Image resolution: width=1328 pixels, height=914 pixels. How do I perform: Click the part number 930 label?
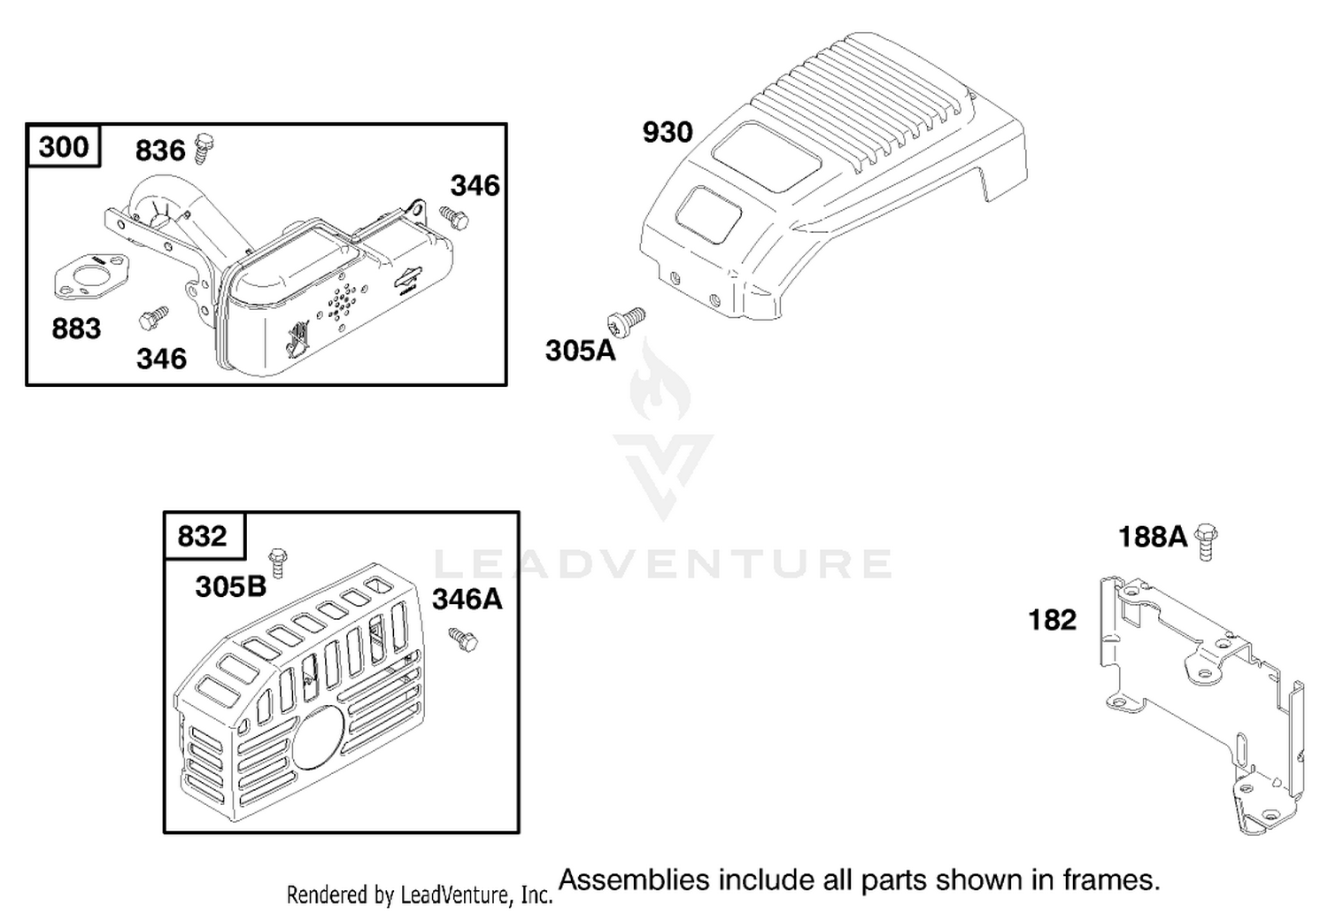pyautogui.click(x=668, y=132)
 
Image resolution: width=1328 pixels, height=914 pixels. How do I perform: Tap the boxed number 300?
pyautogui.click(x=64, y=146)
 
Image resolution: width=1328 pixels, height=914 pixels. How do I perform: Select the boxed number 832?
pyautogui.click(x=202, y=536)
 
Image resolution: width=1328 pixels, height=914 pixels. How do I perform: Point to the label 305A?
pyautogui.click(x=581, y=351)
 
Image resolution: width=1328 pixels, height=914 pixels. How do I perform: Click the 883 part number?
pyautogui.click(x=76, y=329)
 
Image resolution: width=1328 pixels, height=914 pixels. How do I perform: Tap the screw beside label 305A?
pyautogui.click(x=626, y=322)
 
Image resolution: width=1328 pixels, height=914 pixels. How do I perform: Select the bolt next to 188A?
pyautogui.click(x=1205, y=541)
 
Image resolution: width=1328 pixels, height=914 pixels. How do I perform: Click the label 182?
pyautogui.click(x=1053, y=621)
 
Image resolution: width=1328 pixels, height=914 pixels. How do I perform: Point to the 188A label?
pyautogui.click(x=1153, y=538)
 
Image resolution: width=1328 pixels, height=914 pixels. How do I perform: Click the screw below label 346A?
pyautogui.click(x=463, y=640)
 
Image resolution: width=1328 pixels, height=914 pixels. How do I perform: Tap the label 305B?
pyautogui.click(x=230, y=587)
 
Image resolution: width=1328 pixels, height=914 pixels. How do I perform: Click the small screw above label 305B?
pyautogui.click(x=277, y=563)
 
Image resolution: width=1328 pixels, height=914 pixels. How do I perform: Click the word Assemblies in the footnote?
pyautogui.click(x=634, y=880)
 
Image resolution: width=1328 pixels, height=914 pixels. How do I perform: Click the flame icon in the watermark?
pyautogui.click(x=660, y=380)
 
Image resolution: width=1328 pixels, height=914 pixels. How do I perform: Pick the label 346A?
pyautogui.click(x=467, y=600)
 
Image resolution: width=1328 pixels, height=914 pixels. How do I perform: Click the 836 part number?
pyautogui.click(x=160, y=151)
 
